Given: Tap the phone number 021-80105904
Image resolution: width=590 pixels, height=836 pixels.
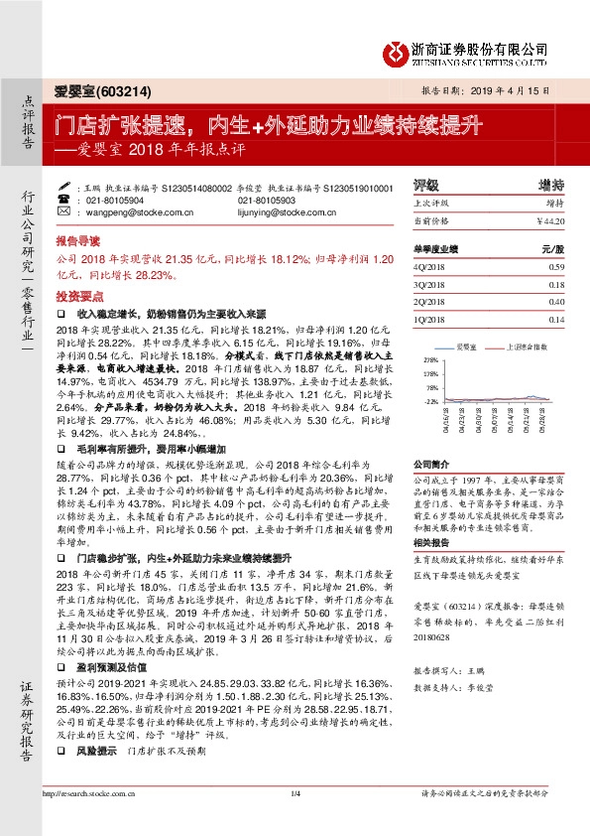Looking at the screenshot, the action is coord(116,200).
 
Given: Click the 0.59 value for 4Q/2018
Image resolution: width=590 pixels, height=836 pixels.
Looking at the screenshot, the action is coord(555,266).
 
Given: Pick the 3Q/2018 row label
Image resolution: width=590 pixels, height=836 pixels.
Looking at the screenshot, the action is coord(428,284).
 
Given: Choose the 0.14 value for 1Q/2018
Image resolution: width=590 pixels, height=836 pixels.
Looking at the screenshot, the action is coord(555,319).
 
